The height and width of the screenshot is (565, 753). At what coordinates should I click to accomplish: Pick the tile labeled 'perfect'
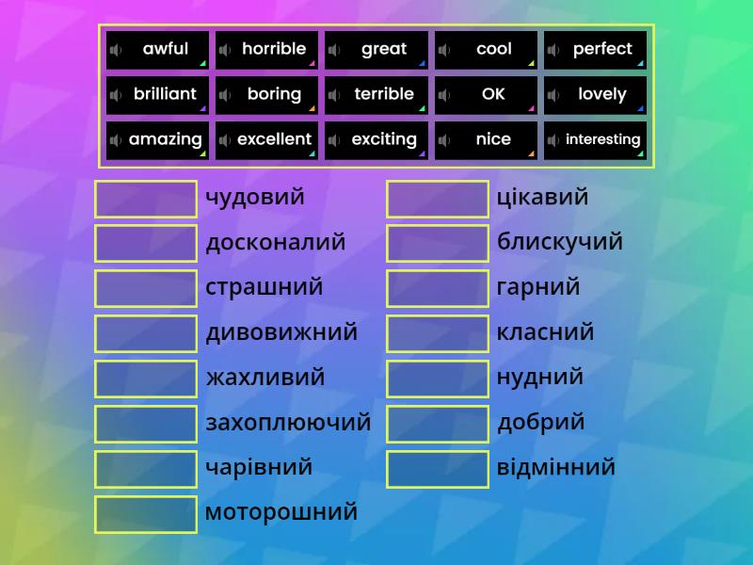click(596, 50)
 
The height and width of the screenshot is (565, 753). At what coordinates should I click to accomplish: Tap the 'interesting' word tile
click(596, 140)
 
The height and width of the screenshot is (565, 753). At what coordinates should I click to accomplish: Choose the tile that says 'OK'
click(487, 95)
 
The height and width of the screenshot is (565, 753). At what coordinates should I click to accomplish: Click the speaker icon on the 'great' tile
click(334, 50)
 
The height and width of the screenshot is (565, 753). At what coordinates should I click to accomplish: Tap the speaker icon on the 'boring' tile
click(225, 95)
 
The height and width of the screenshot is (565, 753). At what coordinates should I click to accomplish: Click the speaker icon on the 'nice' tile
click(443, 140)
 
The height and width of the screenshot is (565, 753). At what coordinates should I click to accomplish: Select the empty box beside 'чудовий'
click(146, 199)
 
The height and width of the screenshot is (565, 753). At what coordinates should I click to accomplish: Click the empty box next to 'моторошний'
click(146, 514)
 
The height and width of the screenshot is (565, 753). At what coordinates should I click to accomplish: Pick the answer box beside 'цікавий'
click(438, 199)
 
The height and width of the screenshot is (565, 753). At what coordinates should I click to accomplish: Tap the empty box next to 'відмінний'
click(438, 469)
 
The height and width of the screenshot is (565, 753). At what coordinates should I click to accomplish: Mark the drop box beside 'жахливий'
click(146, 379)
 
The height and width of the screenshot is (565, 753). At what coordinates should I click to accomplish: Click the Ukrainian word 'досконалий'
click(276, 243)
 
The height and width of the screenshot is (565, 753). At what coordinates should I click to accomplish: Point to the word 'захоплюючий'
click(288, 423)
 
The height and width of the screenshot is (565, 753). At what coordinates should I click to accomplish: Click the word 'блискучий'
click(560, 242)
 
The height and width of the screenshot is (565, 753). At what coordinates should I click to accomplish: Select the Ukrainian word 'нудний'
click(540, 378)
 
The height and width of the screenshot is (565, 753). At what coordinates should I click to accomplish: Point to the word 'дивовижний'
click(281, 332)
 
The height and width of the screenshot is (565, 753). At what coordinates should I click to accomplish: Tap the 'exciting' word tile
click(377, 140)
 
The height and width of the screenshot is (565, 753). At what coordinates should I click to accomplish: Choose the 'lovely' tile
click(596, 95)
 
